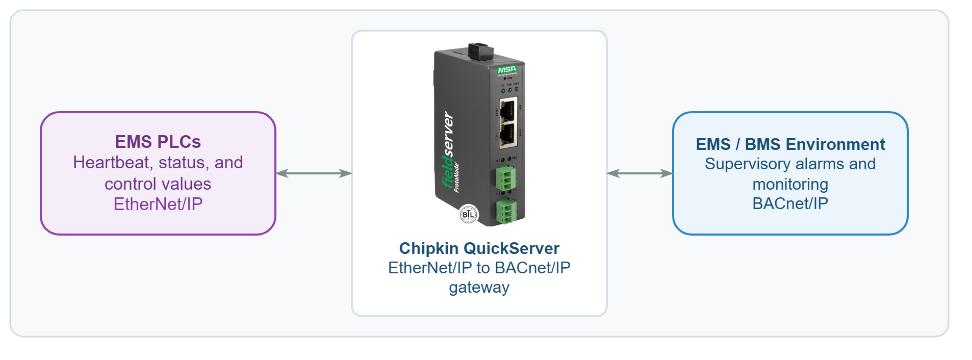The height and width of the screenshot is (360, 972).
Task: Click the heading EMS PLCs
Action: pyautogui.click(x=158, y=141)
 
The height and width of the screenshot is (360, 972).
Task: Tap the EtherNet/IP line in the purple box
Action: pyautogui.click(x=158, y=204)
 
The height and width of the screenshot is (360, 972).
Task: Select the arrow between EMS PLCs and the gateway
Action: pyautogui.click(x=314, y=173)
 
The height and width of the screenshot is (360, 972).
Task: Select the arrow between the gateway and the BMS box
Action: pyautogui.click(x=640, y=173)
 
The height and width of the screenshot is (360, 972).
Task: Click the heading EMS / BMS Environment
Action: pyautogui.click(x=790, y=144)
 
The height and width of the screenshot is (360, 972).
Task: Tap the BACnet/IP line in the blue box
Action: pyautogui.click(x=790, y=203)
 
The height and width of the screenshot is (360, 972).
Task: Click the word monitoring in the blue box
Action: pyautogui.click(x=790, y=184)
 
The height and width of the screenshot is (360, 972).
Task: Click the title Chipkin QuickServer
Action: pyautogui.click(x=479, y=248)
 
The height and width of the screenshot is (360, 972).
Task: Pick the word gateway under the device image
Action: pyautogui.click(x=479, y=287)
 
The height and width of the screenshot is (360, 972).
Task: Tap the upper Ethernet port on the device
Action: pyautogui.click(x=507, y=110)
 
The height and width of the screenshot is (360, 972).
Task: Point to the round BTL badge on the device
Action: pyautogui.click(x=468, y=214)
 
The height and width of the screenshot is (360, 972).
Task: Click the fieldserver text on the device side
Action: pyautogui.click(x=447, y=150)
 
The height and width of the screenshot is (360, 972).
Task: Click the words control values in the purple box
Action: pyautogui.click(x=158, y=184)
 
